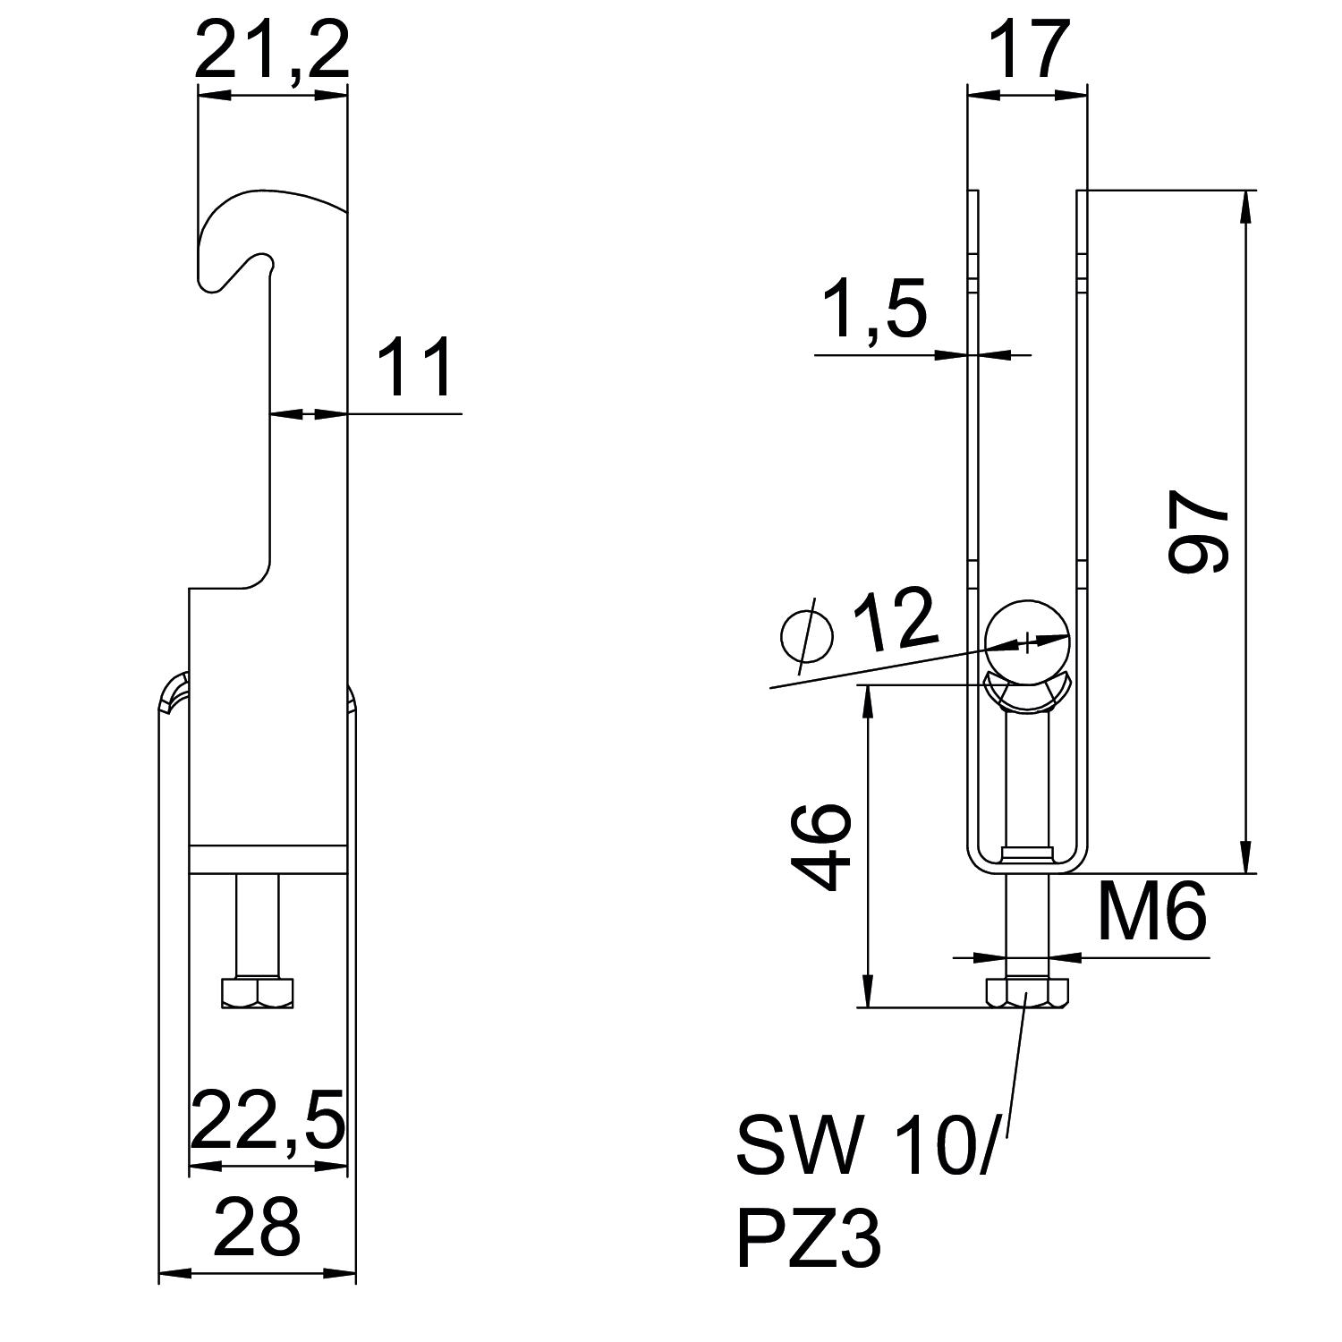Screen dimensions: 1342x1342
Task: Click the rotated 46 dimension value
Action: click(821, 846)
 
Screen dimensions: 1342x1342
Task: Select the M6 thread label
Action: click(1152, 912)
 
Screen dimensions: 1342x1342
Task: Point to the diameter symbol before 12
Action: click(807, 634)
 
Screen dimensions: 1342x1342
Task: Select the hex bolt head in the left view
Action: click(257, 993)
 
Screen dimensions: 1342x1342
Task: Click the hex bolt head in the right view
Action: click(1027, 993)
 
